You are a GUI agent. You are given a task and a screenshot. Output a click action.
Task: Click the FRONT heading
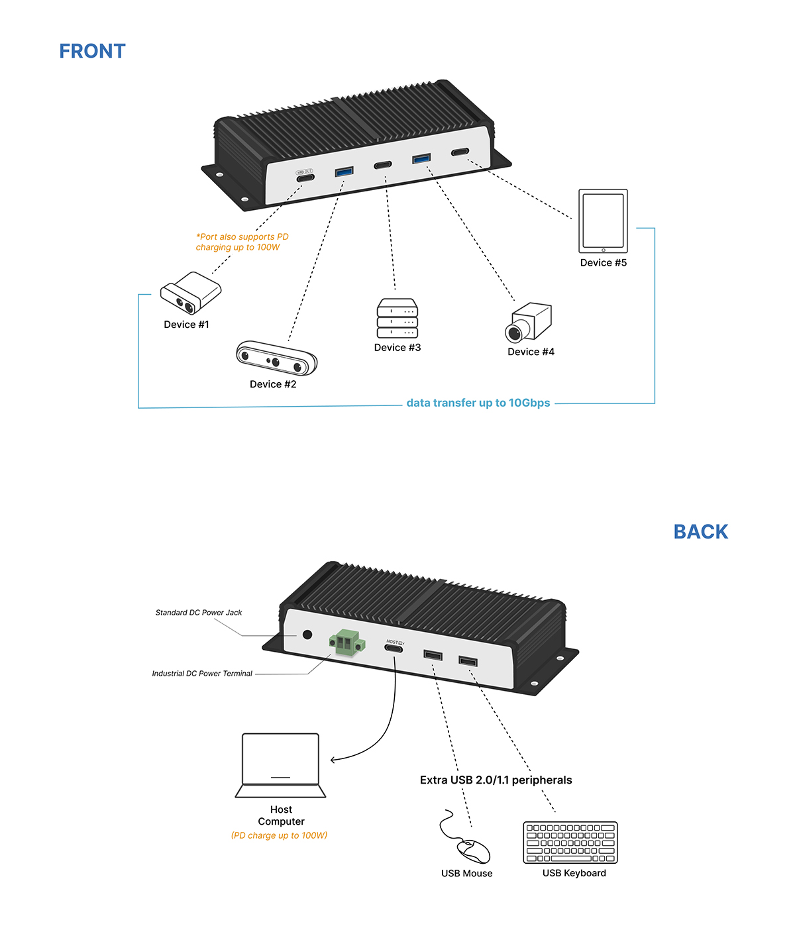(92, 51)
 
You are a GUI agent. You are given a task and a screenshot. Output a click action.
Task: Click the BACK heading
(700, 532)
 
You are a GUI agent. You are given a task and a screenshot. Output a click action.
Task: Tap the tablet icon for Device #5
(603, 221)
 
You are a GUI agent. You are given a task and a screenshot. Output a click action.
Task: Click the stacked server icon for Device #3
(397, 319)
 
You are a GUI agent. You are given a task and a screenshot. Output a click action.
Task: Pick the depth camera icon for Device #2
(276, 358)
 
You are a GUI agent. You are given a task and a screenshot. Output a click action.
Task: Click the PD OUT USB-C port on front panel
(305, 178)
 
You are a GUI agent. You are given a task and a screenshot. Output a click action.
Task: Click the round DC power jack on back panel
(307, 635)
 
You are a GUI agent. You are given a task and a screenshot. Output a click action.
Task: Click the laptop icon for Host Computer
(281, 766)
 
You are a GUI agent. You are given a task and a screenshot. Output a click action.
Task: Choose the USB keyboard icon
(570, 843)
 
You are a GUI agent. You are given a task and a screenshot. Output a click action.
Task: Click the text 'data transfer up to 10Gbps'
(478, 403)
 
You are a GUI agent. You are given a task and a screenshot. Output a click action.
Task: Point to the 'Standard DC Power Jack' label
(199, 613)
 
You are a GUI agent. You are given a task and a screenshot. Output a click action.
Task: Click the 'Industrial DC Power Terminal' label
(202, 674)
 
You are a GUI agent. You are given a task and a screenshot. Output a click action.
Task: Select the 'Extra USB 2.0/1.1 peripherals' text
(496, 780)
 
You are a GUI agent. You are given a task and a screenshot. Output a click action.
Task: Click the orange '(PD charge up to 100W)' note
(279, 835)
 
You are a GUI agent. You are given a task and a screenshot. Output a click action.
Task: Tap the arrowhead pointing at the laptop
(333, 760)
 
